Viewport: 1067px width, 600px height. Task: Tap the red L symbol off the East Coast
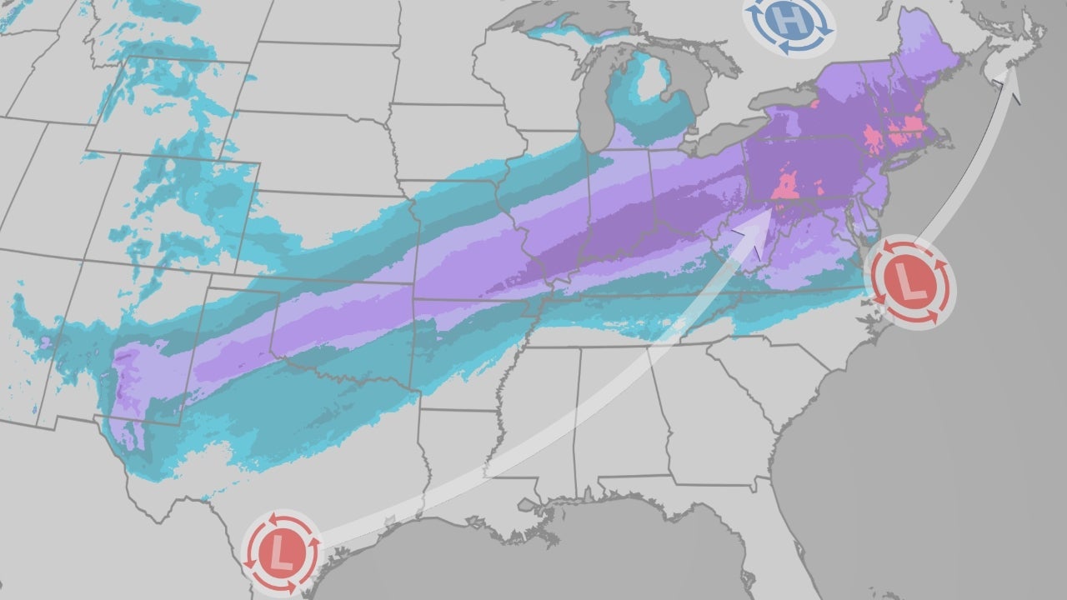[x=909, y=282]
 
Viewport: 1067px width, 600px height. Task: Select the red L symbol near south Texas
[x=281, y=552]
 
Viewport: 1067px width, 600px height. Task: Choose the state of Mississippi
[x=538, y=425]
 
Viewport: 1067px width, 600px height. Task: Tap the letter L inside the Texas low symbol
[x=281, y=552]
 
